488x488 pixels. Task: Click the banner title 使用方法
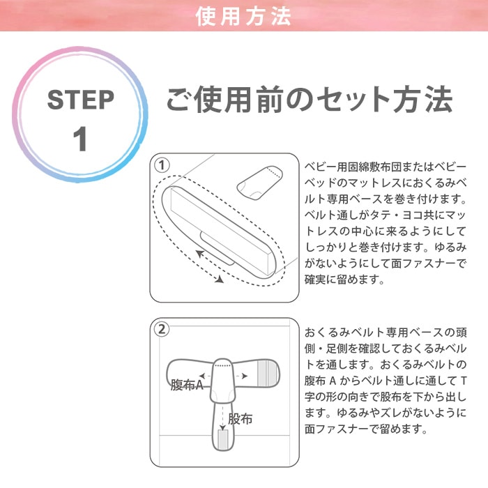tap(243, 16)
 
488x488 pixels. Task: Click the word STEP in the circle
tap(81, 100)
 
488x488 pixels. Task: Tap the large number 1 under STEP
tap(80, 139)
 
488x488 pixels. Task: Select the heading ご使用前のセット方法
tap(309, 99)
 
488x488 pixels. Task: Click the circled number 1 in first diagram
tap(162, 165)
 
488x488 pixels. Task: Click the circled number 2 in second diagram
tap(162, 330)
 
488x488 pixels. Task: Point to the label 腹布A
tap(187, 385)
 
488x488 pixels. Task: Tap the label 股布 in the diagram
tap(240, 418)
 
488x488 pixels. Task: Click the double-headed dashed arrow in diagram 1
tap(210, 267)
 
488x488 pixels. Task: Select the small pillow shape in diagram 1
tap(259, 183)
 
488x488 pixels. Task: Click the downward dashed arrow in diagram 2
tap(222, 418)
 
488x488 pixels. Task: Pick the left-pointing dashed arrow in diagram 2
tap(206, 376)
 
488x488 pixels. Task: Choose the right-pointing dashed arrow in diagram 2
tap(241, 376)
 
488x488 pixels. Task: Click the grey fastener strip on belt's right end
tap(267, 373)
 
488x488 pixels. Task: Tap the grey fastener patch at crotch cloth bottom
tap(223, 439)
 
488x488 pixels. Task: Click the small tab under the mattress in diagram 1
tap(218, 248)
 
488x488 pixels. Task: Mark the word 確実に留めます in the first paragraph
tap(344, 279)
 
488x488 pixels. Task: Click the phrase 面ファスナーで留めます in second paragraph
tap(366, 429)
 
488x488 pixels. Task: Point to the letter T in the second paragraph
tap(463, 381)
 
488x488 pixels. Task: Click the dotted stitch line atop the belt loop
tap(222, 365)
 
